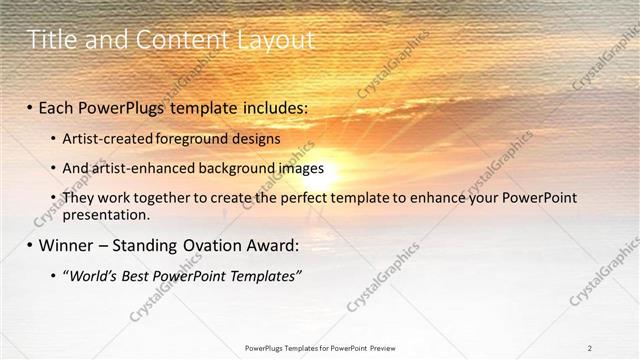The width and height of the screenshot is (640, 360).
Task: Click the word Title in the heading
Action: coord(49,40)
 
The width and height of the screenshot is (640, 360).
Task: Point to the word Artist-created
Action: coord(105,138)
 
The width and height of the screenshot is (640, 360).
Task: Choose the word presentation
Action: coord(106,214)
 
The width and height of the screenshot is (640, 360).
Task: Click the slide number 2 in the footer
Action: coord(590,348)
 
